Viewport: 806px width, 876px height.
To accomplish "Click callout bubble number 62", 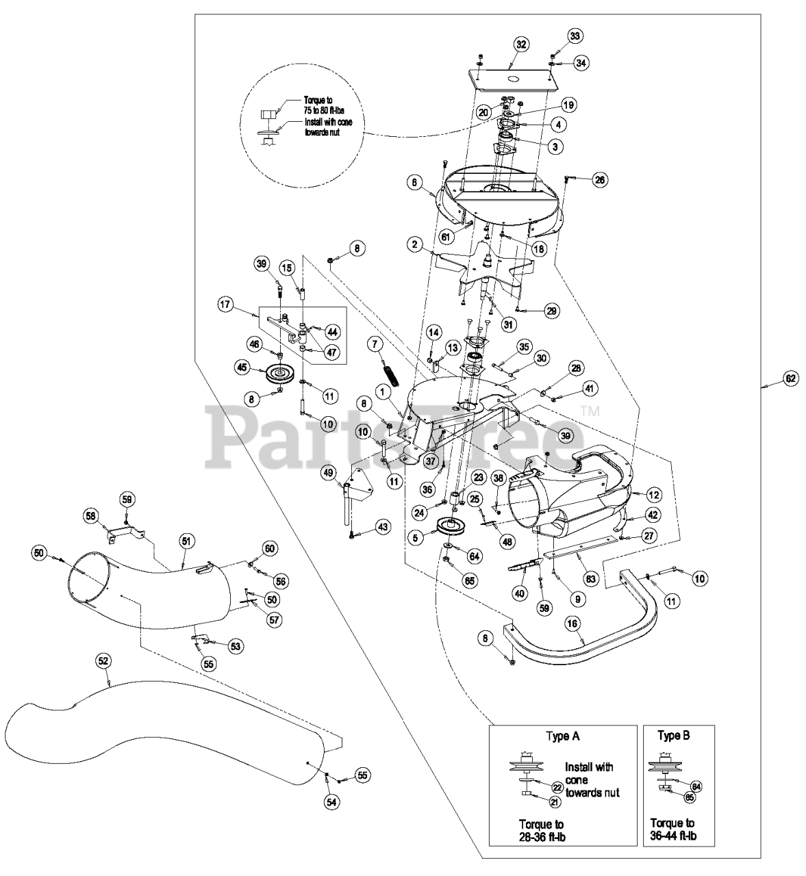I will [x=791, y=378].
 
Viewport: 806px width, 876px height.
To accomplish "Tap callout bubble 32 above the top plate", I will [x=521, y=44].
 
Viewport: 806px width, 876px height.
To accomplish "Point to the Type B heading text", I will [x=673, y=736].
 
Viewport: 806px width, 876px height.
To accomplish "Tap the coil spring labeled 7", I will [x=388, y=376].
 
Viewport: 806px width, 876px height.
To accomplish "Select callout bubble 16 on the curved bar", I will [x=572, y=623].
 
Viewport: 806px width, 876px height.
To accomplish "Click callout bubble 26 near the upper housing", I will [x=600, y=180].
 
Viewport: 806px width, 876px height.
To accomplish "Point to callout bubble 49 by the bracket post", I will [x=328, y=473].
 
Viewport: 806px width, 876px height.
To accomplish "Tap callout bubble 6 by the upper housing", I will [x=414, y=182].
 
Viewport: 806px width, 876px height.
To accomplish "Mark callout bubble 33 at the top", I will [x=575, y=36].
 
